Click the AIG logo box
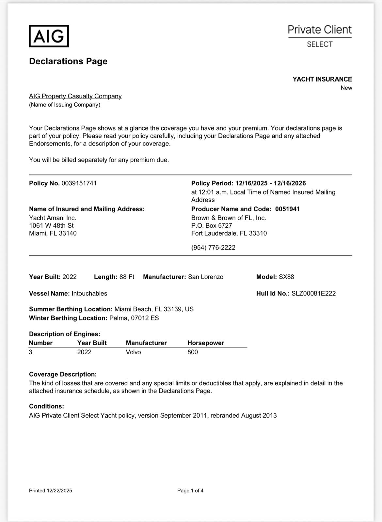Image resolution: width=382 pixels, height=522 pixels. (49, 36)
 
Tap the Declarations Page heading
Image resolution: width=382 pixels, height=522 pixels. (68, 61)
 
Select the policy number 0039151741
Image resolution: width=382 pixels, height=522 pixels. (79, 183)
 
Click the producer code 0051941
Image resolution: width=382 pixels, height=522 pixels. (287, 209)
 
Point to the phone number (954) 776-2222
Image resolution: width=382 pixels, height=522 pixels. (213, 248)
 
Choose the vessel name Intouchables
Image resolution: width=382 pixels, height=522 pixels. (89, 294)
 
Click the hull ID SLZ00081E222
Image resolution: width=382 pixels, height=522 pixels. (313, 294)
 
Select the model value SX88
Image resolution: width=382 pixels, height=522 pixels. (286, 277)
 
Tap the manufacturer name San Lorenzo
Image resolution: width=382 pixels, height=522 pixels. (206, 277)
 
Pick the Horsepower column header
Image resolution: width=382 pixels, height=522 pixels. (206, 343)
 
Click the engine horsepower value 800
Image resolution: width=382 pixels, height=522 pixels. (193, 352)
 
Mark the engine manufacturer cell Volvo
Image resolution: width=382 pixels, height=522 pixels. (133, 352)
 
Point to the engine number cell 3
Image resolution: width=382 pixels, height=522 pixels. (31, 352)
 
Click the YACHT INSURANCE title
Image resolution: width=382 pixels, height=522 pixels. (322, 79)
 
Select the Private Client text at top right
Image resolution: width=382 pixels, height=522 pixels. (319, 30)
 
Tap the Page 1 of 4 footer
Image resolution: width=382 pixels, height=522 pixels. (190, 491)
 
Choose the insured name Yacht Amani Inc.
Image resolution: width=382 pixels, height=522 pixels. (53, 218)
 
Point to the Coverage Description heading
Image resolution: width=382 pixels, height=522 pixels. (63, 374)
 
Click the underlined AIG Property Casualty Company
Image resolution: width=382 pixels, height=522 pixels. (75, 96)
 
